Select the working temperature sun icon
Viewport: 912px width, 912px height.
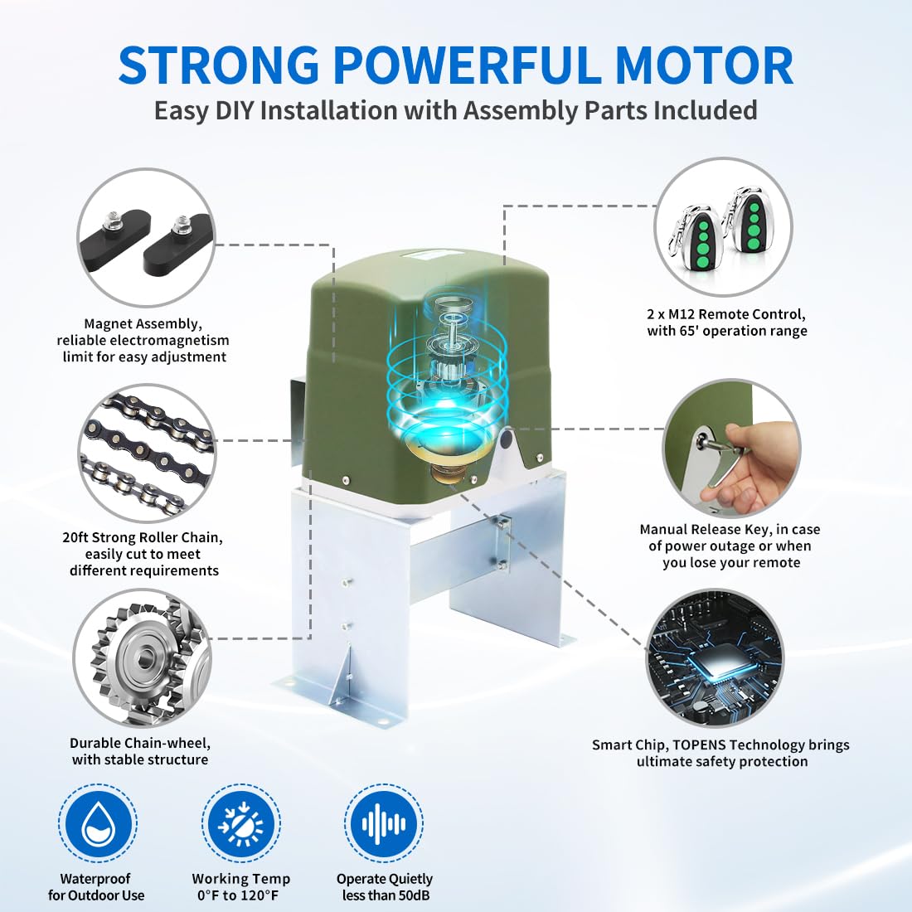240,823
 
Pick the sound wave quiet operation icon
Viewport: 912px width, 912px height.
384,823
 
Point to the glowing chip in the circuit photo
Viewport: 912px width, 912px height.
716,658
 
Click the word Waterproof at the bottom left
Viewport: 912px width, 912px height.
95,878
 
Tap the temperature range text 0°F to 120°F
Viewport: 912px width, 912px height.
240,895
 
